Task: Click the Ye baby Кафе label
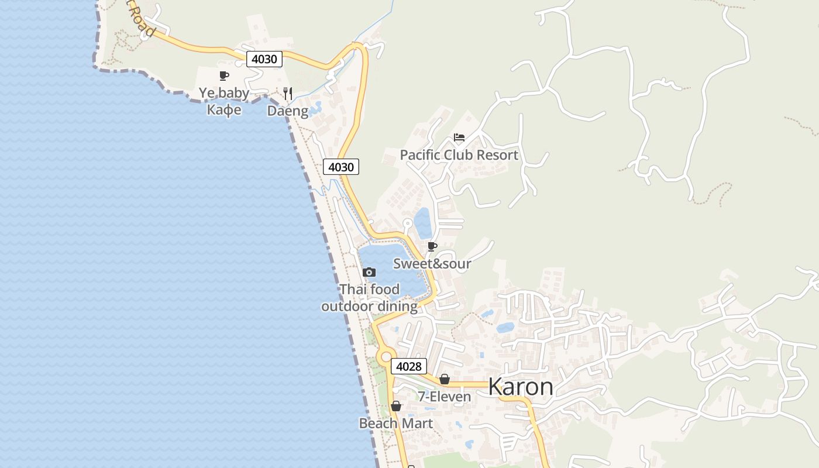(x=224, y=101)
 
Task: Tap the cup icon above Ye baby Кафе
(x=223, y=75)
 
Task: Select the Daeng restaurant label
(x=287, y=111)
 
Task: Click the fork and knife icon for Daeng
(x=287, y=93)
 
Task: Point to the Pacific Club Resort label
(x=459, y=155)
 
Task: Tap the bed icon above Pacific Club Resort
(x=459, y=138)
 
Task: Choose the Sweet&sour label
(x=432, y=264)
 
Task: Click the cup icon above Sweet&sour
(x=432, y=246)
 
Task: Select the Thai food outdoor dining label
(x=369, y=298)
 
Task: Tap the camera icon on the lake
(x=369, y=272)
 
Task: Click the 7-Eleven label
(x=444, y=397)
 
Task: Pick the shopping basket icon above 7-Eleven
(x=445, y=379)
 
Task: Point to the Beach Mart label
(x=396, y=423)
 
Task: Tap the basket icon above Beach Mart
(x=396, y=406)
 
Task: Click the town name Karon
(x=520, y=387)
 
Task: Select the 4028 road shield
(x=408, y=367)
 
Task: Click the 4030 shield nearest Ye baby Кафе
(x=264, y=59)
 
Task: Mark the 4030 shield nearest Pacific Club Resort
(x=341, y=167)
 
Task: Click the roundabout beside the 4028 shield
(x=386, y=356)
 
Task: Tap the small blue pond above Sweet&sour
(x=423, y=223)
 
